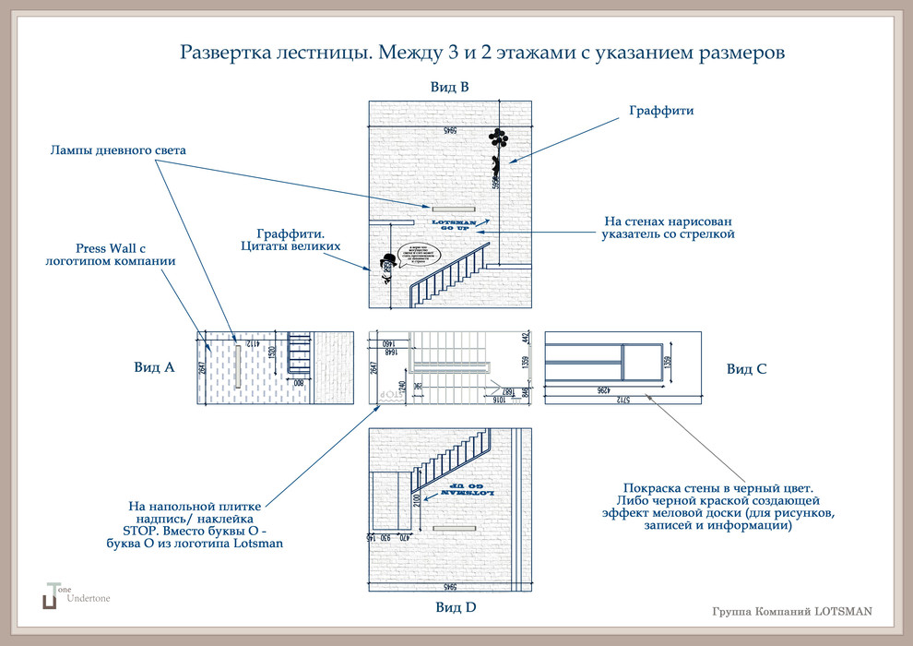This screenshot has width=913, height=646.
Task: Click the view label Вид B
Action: click(450, 88)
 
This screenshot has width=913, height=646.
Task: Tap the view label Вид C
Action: click(746, 368)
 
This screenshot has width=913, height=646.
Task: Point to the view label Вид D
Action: click(456, 607)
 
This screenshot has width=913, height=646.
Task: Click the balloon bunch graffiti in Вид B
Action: click(498, 140)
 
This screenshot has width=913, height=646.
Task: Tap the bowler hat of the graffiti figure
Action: click(388, 258)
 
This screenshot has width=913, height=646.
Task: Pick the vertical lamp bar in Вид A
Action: click(238, 365)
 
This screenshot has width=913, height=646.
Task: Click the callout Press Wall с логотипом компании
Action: click(111, 255)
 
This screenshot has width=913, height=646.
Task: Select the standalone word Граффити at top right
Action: click(661, 111)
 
